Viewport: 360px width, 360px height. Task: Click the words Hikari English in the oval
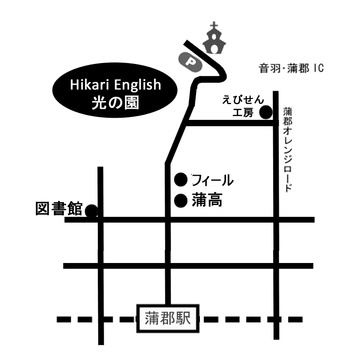click(x=116, y=85)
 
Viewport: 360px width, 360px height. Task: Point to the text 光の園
click(x=116, y=102)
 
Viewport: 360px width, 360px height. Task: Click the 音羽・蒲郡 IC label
click(x=291, y=68)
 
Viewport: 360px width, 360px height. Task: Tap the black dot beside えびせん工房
click(x=266, y=113)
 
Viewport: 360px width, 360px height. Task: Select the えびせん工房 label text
click(x=243, y=106)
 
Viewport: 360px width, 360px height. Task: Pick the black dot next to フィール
click(x=181, y=180)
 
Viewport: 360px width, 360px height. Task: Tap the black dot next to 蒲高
click(x=181, y=199)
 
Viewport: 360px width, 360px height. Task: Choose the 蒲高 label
click(x=207, y=199)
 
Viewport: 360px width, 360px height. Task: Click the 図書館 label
click(x=58, y=209)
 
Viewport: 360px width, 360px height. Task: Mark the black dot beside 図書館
click(x=91, y=210)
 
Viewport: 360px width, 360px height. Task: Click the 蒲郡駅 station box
click(x=168, y=318)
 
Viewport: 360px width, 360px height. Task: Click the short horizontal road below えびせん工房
click(x=229, y=123)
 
